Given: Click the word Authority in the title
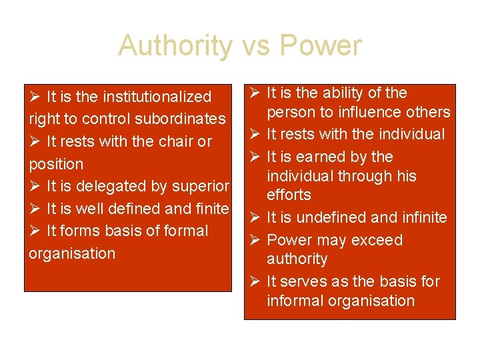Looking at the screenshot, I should click(x=175, y=46).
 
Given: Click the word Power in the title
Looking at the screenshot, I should click(x=321, y=46).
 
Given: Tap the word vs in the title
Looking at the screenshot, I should click(x=256, y=46).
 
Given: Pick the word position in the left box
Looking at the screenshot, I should click(x=56, y=164).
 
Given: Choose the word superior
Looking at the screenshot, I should click(x=201, y=186).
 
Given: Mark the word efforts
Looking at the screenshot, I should click(x=289, y=195).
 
